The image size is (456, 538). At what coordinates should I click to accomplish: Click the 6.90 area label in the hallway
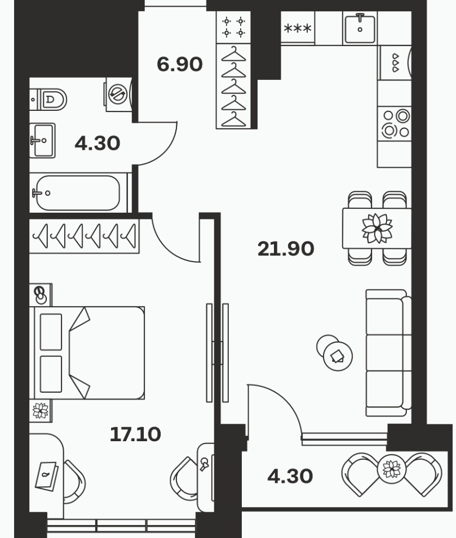[179, 64]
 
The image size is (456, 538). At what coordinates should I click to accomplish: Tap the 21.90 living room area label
[286, 249]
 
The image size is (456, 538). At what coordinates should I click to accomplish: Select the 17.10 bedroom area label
[135, 434]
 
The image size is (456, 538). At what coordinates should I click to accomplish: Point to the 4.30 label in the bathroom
[98, 143]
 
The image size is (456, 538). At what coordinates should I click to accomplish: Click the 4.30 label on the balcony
[290, 476]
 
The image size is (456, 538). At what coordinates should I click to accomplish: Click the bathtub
[78, 193]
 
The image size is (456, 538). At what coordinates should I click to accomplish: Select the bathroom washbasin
[42, 140]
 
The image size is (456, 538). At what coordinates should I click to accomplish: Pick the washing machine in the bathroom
[118, 94]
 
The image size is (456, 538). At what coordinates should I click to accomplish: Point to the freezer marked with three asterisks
[298, 28]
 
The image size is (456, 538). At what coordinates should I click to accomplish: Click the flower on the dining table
[377, 228]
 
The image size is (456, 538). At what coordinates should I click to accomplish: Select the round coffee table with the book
[338, 356]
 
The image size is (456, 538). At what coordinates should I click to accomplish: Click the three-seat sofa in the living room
[388, 353]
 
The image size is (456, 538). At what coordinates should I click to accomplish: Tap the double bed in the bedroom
[87, 353]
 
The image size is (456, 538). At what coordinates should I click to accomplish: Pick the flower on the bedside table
[41, 410]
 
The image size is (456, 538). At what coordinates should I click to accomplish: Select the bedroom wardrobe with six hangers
[84, 236]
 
